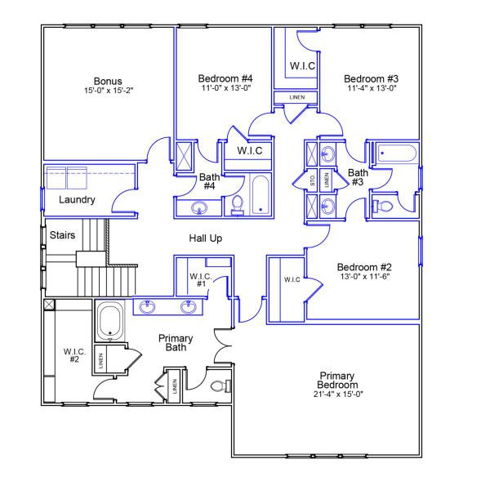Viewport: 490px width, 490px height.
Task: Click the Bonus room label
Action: [x=108, y=81]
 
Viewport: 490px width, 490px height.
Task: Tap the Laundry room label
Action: [x=78, y=199]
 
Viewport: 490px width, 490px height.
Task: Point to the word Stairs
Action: [x=63, y=235]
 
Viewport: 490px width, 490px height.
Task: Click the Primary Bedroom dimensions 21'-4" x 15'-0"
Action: [x=338, y=394]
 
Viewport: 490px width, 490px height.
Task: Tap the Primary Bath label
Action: [x=176, y=344]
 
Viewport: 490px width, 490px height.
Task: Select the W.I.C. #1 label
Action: [x=201, y=280]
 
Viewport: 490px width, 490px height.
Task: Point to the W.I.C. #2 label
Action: [x=73, y=355]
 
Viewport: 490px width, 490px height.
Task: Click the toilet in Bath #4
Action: [x=238, y=205]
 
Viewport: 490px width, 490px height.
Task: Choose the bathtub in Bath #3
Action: [x=396, y=153]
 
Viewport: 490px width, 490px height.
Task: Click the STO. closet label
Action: [x=313, y=180]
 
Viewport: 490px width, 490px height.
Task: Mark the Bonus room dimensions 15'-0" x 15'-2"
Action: [x=108, y=91]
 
